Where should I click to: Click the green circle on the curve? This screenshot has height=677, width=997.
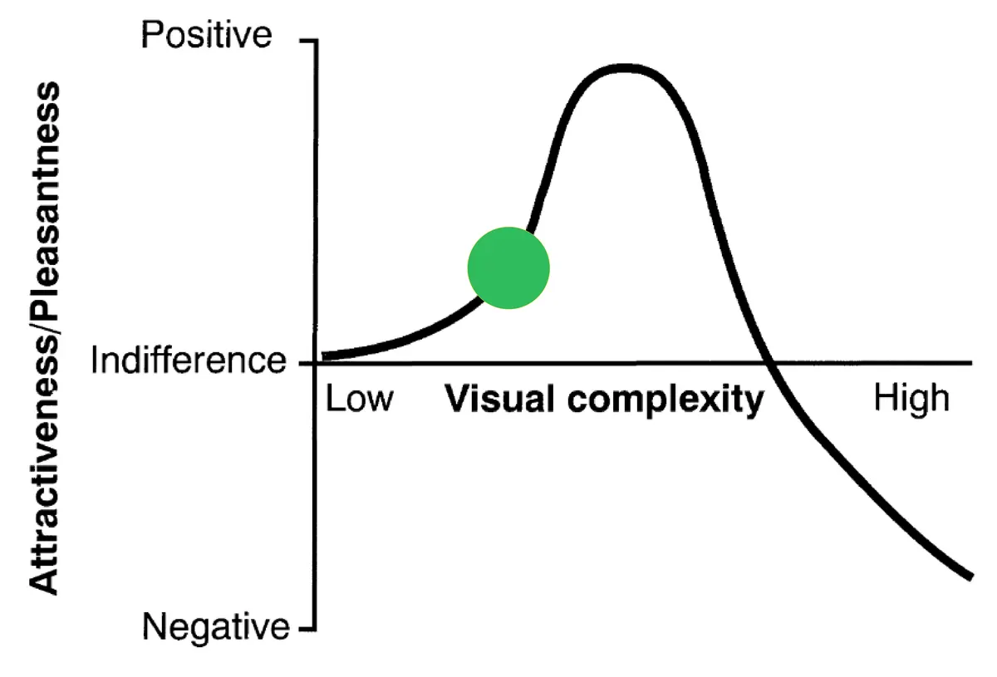point(508,268)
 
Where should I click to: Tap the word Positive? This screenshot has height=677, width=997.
point(206,35)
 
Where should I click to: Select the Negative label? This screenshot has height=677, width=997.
point(216,626)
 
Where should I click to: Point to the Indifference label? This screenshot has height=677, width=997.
point(189,360)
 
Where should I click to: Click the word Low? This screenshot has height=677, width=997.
point(360,399)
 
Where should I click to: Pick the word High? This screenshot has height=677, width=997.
point(912,400)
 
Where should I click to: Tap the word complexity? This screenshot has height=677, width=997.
point(665,400)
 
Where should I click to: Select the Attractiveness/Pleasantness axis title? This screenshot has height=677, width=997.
point(45,338)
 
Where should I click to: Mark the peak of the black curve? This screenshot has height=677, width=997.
point(626,68)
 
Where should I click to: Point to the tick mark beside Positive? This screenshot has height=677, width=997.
point(308,41)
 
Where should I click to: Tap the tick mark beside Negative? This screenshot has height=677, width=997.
point(307,630)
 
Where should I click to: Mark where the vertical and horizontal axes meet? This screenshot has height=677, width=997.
point(316,364)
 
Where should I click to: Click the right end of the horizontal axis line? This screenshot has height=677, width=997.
point(971,363)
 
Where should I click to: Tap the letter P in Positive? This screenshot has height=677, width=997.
point(151,35)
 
